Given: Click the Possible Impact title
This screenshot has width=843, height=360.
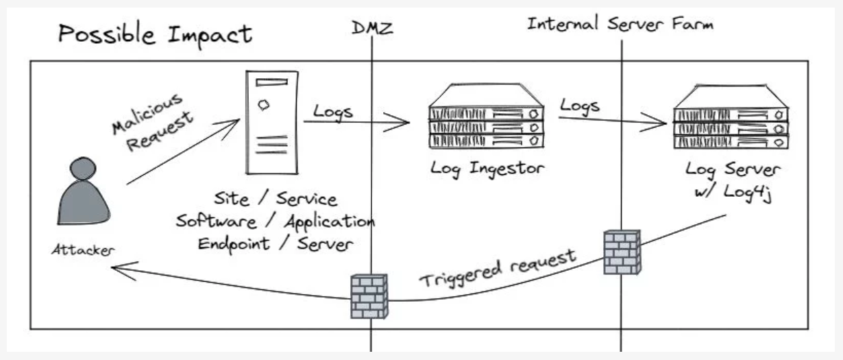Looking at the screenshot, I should [155, 33].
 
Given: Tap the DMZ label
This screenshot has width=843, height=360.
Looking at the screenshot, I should [373, 27].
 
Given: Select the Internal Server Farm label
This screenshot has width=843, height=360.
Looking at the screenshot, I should [620, 25].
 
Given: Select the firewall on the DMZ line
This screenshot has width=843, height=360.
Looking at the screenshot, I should [369, 296].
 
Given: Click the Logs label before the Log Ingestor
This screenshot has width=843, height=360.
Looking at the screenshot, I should [333, 111].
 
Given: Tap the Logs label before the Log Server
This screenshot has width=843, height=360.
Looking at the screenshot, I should [580, 106].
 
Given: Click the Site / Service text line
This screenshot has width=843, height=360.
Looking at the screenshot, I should [276, 200].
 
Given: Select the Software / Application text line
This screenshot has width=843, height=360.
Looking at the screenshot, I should [274, 221].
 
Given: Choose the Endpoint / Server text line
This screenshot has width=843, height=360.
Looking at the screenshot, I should [276, 244].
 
